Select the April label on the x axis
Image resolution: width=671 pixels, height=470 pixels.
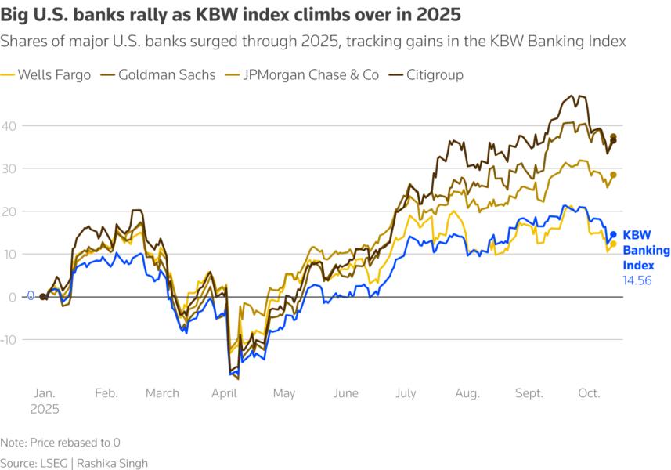click(x=224, y=393)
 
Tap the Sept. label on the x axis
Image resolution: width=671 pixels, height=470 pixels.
click(x=529, y=393)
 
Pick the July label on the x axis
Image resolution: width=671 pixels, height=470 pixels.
click(x=406, y=393)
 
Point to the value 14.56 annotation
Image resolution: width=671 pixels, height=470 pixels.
click(x=637, y=280)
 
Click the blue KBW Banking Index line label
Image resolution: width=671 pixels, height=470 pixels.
click(x=646, y=250)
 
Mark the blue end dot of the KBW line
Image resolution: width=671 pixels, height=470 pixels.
click(x=613, y=234)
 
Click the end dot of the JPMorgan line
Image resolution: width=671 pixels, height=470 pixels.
click(x=613, y=175)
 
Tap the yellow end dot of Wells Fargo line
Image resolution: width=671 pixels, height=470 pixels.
click(x=613, y=244)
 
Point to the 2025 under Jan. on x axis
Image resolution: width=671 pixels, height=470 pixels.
click(x=44, y=408)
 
